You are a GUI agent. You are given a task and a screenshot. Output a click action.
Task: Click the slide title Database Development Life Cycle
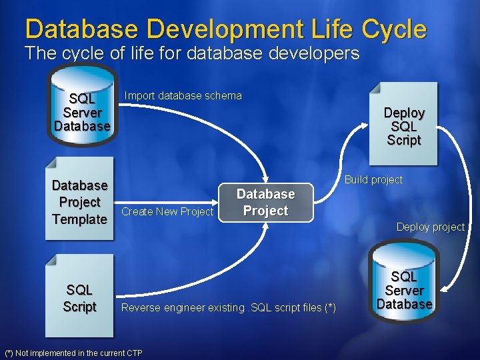click(225, 29)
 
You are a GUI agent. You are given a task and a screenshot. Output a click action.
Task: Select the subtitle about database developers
click(192, 53)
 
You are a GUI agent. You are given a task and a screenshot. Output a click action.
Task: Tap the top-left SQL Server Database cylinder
click(82, 110)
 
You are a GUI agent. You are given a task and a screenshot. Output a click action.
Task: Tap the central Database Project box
click(265, 203)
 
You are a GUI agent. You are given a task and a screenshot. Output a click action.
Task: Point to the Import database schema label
click(183, 96)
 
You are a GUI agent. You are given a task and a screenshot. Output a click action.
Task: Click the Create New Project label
click(167, 212)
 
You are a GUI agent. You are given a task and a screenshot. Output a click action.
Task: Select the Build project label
click(373, 180)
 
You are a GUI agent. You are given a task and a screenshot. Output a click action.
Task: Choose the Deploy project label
click(430, 227)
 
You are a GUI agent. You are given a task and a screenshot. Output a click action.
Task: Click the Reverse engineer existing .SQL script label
click(229, 307)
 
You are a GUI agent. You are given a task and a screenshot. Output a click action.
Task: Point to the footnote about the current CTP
click(73, 353)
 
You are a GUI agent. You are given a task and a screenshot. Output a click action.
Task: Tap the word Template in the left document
click(79, 219)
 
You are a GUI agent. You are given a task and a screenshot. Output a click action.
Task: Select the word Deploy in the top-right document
click(404, 113)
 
